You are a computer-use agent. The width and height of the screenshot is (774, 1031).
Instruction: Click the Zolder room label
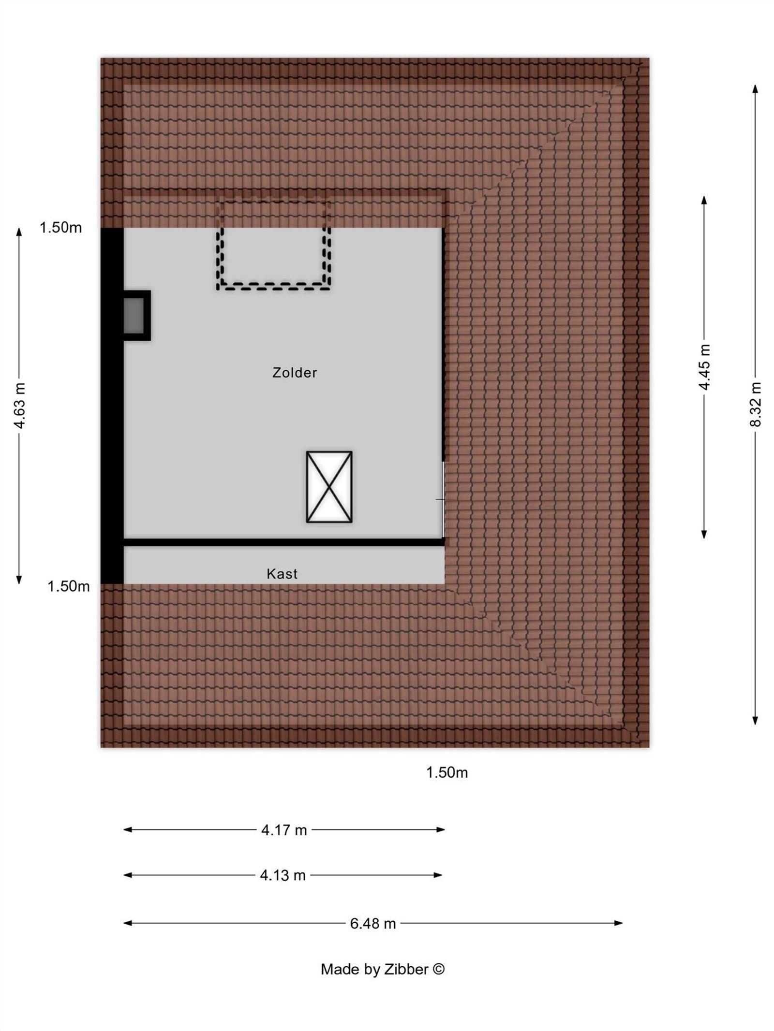point(295,373)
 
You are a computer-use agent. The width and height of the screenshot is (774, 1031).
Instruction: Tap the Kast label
point(282,574)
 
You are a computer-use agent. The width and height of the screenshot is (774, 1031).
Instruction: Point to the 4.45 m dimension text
point(704,367)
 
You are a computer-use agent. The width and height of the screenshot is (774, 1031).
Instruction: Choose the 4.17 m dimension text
point(284,830)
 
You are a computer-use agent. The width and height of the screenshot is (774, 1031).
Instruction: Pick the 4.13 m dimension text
point(283,875)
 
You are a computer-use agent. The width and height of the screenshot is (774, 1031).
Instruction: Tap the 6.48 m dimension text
point(373,924)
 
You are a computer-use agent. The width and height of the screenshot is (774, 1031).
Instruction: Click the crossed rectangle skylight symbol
point(329,487)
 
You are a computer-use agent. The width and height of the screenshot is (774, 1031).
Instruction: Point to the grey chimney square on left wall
point(135,315)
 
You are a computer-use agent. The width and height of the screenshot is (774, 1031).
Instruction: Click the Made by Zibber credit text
point(383,969)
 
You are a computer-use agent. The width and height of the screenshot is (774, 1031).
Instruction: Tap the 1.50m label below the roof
point(447,772)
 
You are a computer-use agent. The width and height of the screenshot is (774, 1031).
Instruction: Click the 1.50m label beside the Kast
point(68,586)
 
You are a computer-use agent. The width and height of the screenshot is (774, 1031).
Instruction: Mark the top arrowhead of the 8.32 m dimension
point(755,88)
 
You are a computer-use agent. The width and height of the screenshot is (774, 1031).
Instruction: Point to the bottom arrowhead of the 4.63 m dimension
point(19,580)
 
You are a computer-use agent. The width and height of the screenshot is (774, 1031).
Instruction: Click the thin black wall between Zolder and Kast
point(284,542)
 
